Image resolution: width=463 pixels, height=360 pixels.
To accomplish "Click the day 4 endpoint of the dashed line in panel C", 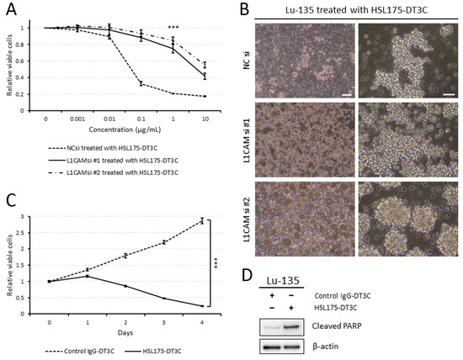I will click(200, 220).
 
